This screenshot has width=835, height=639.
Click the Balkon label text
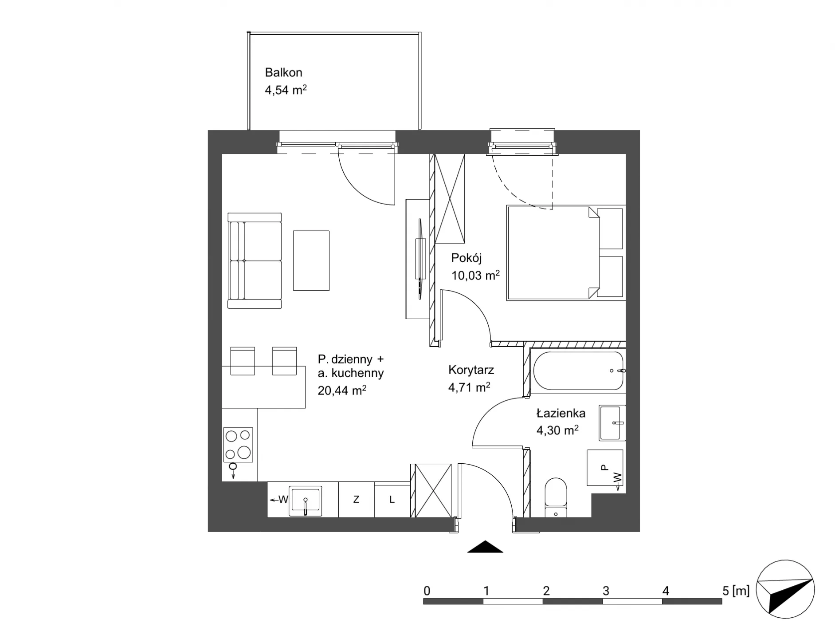point(283,72)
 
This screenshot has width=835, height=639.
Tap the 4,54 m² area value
point(286,90)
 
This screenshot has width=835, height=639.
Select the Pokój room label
point(467,258)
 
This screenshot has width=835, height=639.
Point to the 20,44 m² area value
point(341,390)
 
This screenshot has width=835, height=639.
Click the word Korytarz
point(471,370)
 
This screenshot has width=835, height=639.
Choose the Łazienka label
point(561,413)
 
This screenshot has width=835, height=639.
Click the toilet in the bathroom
point(556,497)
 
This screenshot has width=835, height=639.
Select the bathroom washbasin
point(612,422)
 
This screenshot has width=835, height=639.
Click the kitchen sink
point(305,501)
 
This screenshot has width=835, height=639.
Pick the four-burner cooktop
point(238,445)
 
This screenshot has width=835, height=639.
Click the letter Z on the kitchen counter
point(356,500)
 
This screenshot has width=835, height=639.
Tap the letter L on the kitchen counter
point(392,500)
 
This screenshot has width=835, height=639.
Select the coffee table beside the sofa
point(311,260)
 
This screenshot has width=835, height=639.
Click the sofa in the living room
point(255,260)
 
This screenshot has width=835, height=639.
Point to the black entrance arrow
point(485,547)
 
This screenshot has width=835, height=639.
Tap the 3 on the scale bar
point(606,591)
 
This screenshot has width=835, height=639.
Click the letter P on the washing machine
point(604,467)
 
